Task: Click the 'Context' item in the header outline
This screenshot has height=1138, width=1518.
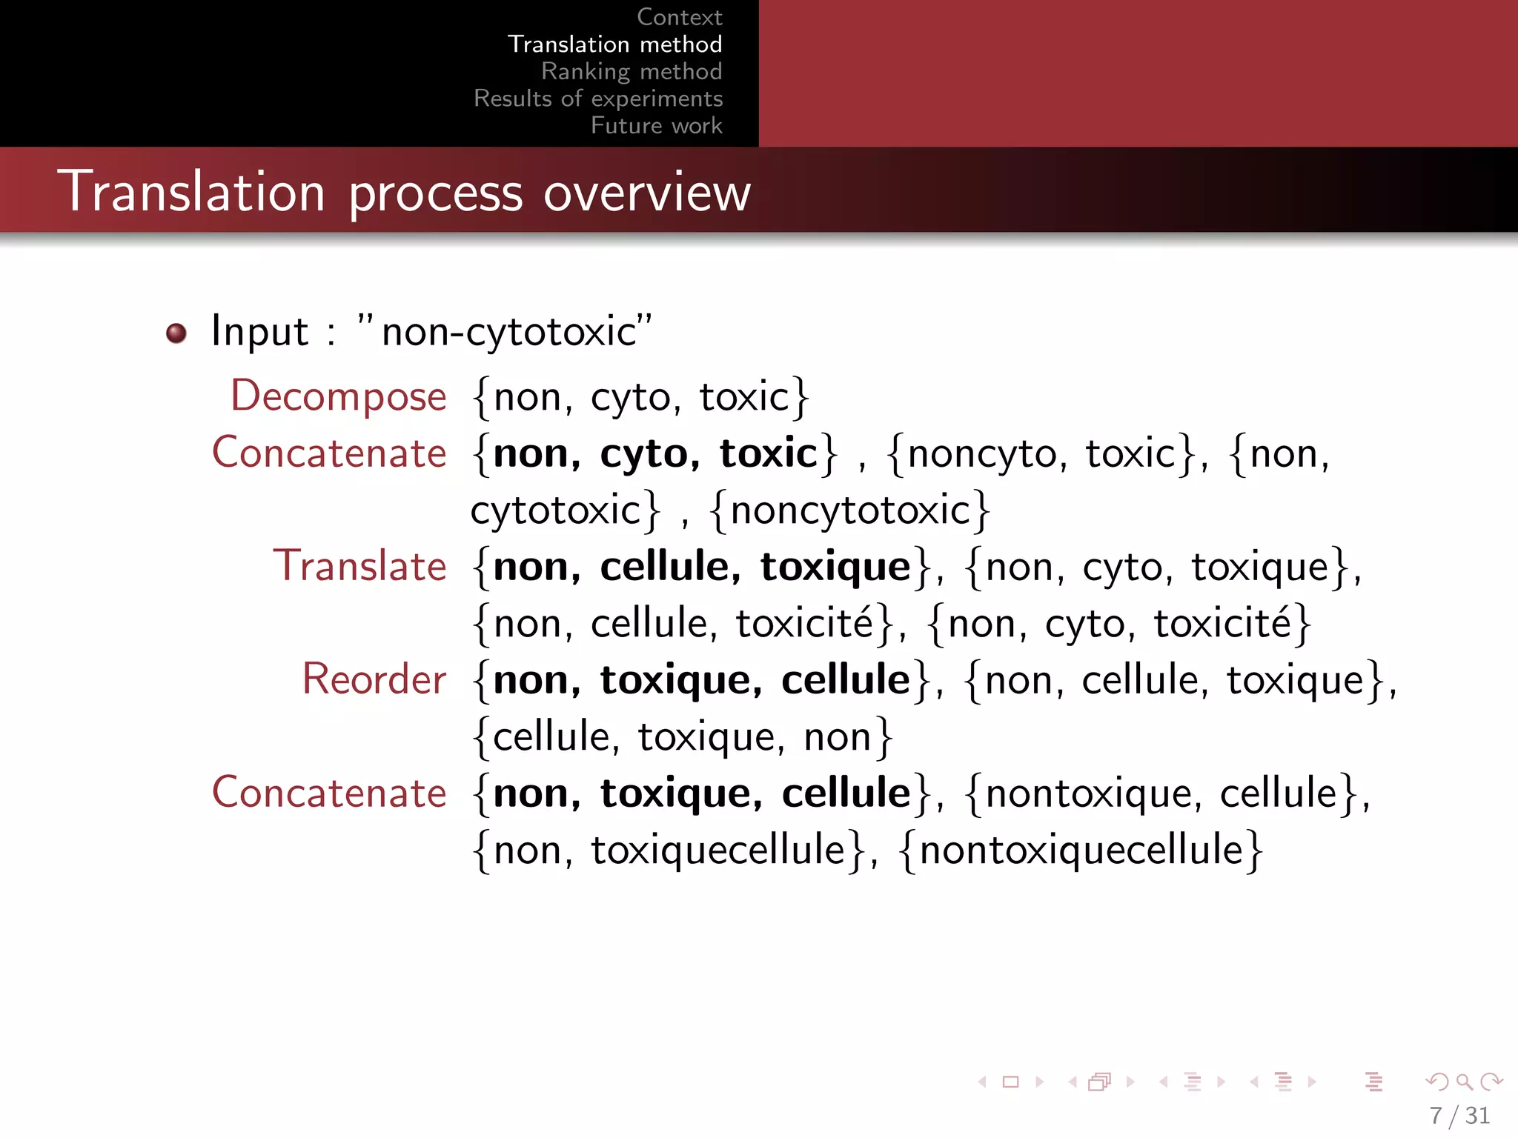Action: pyautogui.click(x=679, y=17)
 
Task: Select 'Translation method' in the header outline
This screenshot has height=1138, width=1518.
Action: pyautogui.click(x=614, y=44)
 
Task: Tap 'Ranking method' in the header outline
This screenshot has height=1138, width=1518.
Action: pyautogui.click(x=632, y=72)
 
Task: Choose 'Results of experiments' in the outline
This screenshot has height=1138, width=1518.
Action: pyautogui.click(x=598, y=99)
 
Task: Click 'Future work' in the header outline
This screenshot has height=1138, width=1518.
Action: pyautogui.click(x=656, y=126)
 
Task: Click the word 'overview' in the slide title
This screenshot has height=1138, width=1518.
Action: pyautogui.click(x=647, y=193)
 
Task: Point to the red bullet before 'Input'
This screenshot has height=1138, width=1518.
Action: pyautogui.click(x=176, y=333)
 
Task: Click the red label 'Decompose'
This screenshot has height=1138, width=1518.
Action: pyautogui.click(x=339, y=396)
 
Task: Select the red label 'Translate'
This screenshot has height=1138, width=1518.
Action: pyautogui.click(x=360, y=567)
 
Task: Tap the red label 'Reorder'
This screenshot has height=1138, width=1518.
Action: pyautogui.click(x=374, y=679)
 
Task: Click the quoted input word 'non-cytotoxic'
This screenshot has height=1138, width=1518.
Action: pyautogui.click(x=509, y=331)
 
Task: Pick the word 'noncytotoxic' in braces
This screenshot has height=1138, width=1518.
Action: pyautogui.click(x=850, y=510)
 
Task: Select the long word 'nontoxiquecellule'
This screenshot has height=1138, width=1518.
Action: pyautogui.click(x=1081, y=850)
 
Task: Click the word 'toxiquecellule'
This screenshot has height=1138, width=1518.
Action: pyautogui.click(x=717, y=850)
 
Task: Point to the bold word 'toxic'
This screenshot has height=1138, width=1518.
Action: pyautogui.click(x=768, y=453)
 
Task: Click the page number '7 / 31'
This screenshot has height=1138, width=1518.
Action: pyautogui.click(x=1459, y=1116)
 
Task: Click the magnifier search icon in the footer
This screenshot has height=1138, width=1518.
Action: pyautogui.click(x=1464, y=1082)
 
